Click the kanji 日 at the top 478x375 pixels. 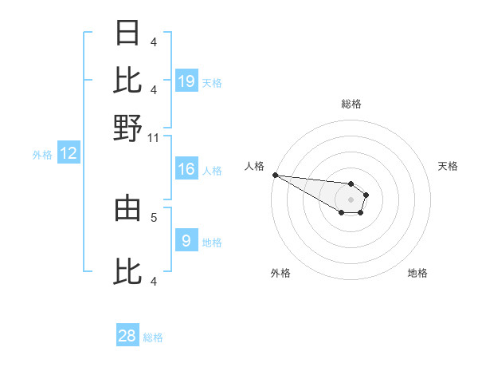pos(127,33)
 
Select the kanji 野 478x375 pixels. pos(127,128)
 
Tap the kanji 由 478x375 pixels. pos(127,209)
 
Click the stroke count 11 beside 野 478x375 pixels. pos(154,137)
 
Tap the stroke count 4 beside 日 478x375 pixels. pos(154,41)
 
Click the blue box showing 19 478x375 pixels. pos(186,81)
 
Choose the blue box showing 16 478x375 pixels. pos(186,169)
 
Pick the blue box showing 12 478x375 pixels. pos(69,154)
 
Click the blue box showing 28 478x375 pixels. pos(127,336)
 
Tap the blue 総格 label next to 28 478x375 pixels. pos(153,337)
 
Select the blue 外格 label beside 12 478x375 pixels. pos(41,155)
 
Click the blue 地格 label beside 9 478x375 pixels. pos(212,242)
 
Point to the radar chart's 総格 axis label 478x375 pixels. pos(351,104)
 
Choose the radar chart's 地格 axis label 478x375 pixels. pos(417,274)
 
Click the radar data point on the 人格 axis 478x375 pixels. pos(275,175)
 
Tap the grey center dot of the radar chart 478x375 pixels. pos(351,199)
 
